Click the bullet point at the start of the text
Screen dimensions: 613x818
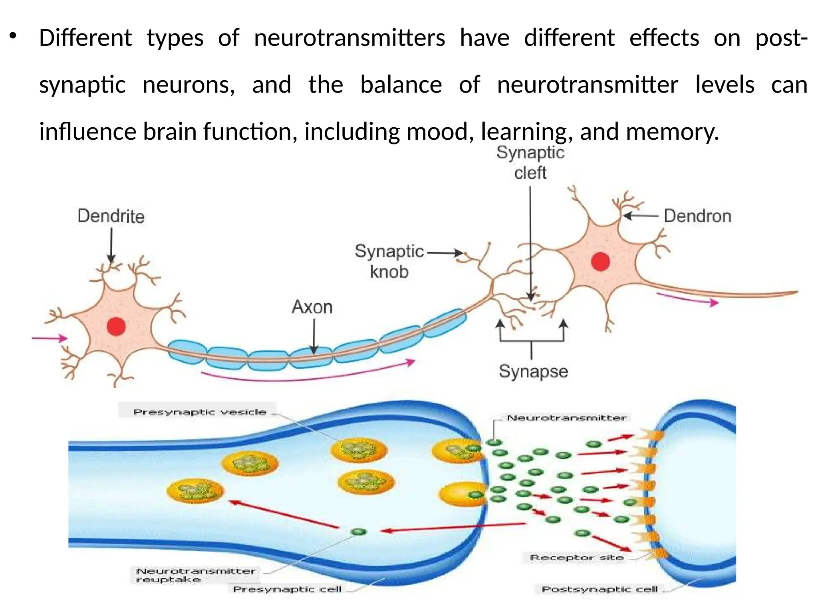tap(13, 37)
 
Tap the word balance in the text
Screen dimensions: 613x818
tap(401, 85)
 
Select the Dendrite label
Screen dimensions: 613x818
tap(111, 216)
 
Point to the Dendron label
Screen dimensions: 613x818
tap(697, 216)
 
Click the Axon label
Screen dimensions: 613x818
tap(312, 307)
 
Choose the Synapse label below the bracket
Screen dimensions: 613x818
tap(533, 371)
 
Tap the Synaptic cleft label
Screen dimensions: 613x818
tap(530, 163)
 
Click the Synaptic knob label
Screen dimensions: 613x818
tap(389, 261)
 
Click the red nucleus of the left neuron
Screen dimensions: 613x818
tap(116, 326)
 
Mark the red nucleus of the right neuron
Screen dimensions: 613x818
tap(600, 262)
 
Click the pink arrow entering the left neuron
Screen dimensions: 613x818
tap(50, 338)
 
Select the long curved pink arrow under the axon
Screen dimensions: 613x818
tap(308, 375)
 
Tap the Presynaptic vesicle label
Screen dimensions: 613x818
tap(199, 412)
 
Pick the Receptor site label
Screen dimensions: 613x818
tap(577, 557)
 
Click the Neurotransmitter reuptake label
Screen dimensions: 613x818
tap(195, 575)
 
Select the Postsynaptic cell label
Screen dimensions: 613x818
tap(600, 589)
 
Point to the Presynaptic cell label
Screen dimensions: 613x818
tap(287, 589)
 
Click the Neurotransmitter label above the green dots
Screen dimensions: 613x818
tap(566, 418)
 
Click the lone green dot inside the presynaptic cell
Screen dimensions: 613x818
tap(358, 532)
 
